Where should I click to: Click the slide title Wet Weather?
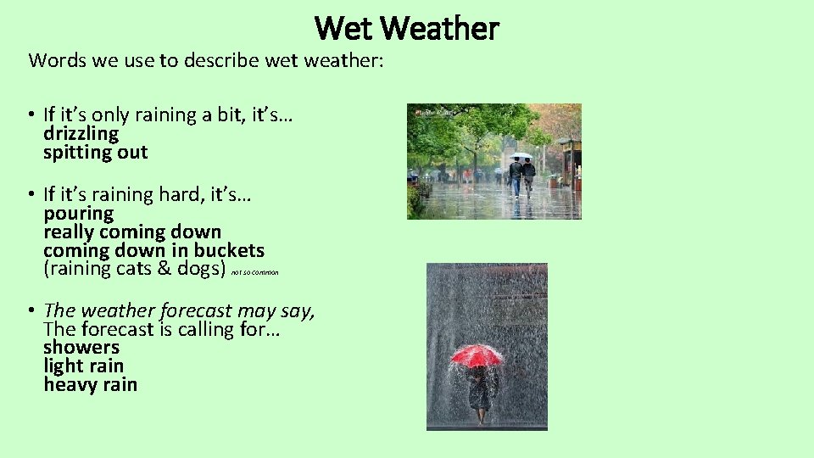point(407,28)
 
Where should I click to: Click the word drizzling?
point(81,134)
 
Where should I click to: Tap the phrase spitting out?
point(96,153)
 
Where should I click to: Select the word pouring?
point(78,214)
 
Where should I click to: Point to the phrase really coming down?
point(132,232)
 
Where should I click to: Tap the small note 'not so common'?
point(254,272)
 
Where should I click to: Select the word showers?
point(81,348)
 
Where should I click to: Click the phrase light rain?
point(84,366)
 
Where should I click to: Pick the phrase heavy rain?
point(90,385)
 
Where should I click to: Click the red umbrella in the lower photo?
point(476,355)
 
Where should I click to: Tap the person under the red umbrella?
point(481,393)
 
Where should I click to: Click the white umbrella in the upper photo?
point(521,156)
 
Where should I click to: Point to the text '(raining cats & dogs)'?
point(135,270)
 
